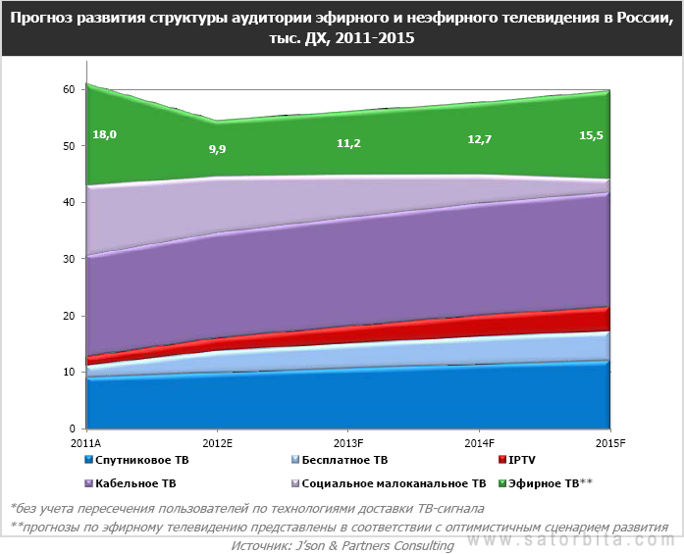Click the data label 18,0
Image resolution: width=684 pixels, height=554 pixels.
tap(105, 134)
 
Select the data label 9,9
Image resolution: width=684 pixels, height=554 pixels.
tap(218, 149)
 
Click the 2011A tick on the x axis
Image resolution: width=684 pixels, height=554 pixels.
tap(87, 443)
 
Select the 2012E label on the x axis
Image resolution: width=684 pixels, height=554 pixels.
tap(218, 443)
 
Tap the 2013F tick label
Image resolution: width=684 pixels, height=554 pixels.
tap(349, 443)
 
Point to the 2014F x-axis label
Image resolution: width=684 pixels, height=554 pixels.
tap(480, 443)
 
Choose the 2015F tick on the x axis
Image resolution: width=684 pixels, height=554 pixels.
tap(610, 443)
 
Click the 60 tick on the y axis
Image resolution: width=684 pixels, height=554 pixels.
tap(68, 89)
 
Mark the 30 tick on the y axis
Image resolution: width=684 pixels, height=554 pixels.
tap(68, 259)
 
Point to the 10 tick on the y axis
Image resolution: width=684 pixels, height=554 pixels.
tap(68, 372)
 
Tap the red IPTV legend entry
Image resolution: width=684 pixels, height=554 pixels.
tap(520, 459)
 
